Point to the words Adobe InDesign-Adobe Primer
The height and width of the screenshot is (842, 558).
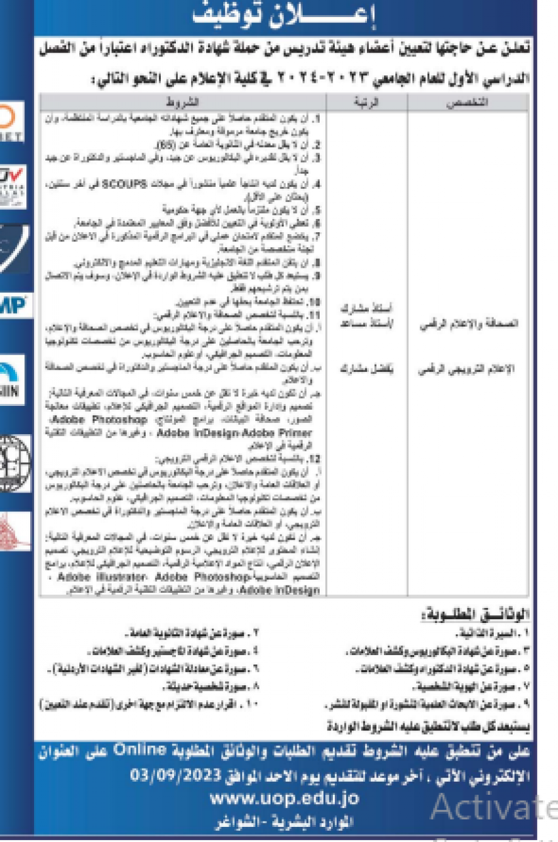[236, 433]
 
